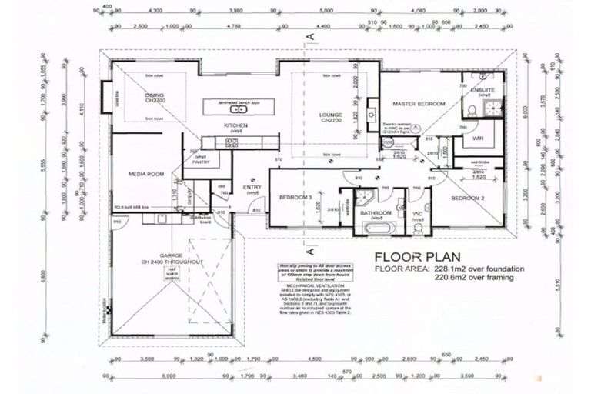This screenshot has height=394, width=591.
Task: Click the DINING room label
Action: pyautogui.click(x=155, y=96)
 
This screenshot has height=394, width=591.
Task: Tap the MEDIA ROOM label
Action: pyautogui.click(x=147, y=175)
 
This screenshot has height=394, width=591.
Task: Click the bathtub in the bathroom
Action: pyautogui.click(x=376, y=229)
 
